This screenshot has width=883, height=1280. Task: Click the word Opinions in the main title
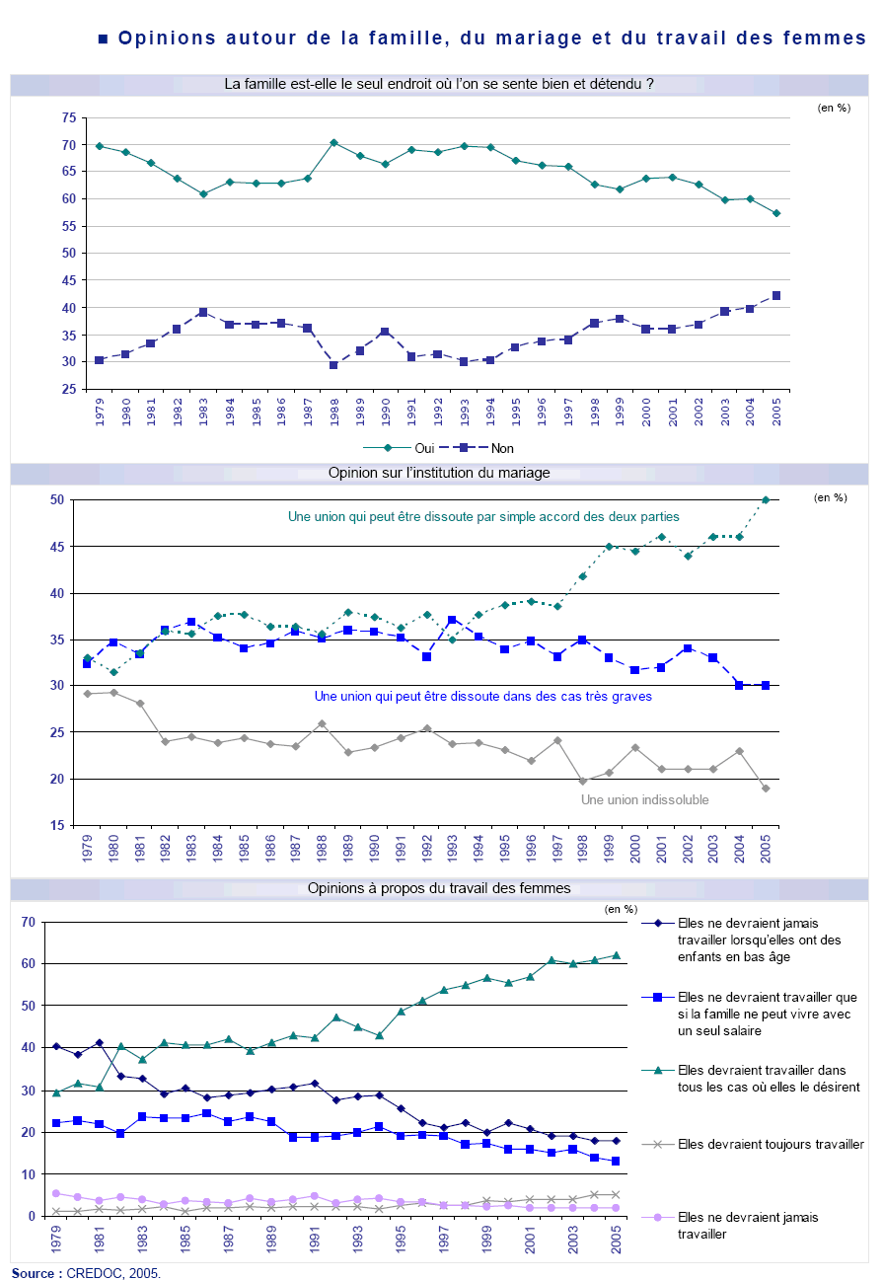coord(161,38)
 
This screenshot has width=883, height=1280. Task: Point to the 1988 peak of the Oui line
coord(333,142)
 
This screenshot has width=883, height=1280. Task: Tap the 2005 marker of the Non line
coord(775,295)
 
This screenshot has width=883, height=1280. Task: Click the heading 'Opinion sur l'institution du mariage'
coord(439,473)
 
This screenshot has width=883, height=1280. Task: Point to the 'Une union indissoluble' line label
coord(645,800)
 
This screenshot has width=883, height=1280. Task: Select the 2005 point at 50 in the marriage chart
coord(766,499)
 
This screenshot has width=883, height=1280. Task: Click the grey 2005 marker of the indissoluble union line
coord(766,788)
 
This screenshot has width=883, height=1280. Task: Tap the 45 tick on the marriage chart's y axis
coord(56,547)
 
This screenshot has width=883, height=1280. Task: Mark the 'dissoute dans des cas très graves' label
coord(482,697)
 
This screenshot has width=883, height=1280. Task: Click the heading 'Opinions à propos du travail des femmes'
coord(439,888)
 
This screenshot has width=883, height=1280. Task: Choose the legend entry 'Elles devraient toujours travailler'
coord(771,1145)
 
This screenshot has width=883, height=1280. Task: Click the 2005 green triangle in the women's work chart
coord(616,955)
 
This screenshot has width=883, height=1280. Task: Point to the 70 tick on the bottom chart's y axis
coord(28,922)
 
